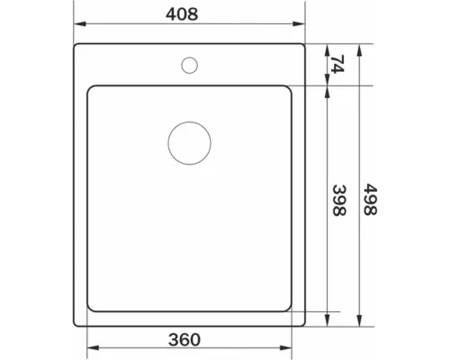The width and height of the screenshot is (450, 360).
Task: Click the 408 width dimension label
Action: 182,14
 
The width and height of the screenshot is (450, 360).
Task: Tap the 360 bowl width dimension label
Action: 184,339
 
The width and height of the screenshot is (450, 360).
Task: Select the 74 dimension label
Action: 337,64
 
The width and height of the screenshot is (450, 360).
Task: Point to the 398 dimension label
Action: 339,201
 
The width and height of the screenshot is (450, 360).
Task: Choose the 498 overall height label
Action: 370,200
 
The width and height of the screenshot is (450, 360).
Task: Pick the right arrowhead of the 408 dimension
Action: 299,24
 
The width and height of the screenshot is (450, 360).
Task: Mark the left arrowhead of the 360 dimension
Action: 93,348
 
